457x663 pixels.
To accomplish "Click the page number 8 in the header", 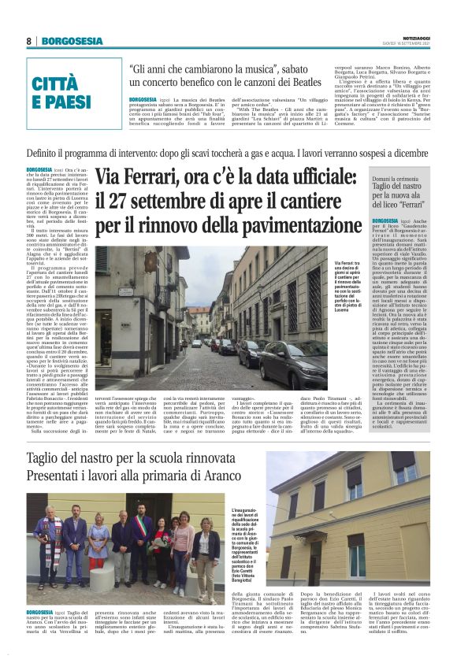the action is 29,41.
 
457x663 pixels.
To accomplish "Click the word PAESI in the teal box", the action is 62,102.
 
